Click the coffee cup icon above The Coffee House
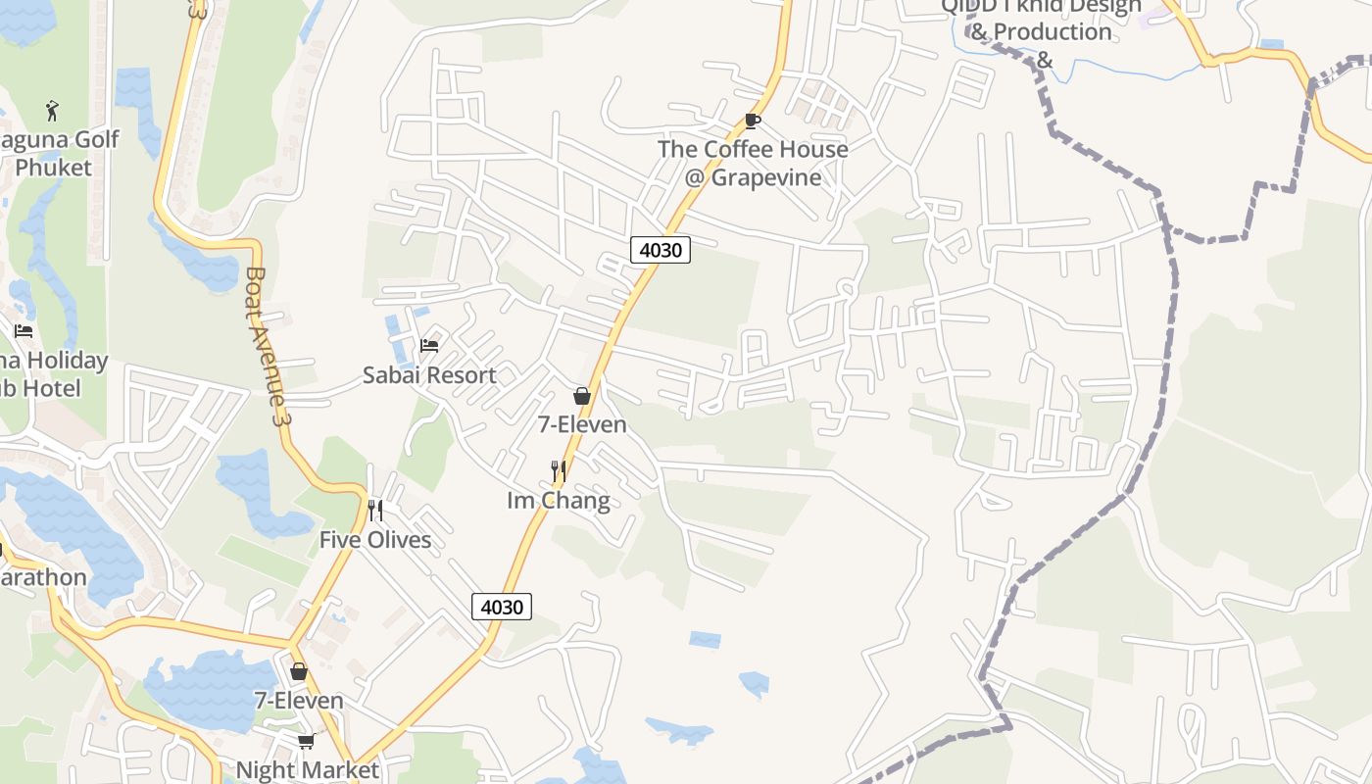pos(752,121)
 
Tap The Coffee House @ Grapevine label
pos(753,163)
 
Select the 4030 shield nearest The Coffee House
pos(661,250)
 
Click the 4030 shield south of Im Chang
pos(502,607)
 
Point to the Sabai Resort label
pos(429,374)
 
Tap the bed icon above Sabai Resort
pos(429,345)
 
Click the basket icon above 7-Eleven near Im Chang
pos(582,396)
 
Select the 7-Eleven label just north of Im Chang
pos(582,424)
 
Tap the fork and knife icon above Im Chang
pos(559,471)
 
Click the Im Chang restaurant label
pos(559,501)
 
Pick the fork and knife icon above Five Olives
pos(374,511)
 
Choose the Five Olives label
pos(375,540)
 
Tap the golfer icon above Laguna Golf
pos(53,111)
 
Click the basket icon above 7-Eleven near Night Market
pos(299,671)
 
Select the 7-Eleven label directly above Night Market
pos(299,701)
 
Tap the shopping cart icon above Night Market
pos(306,741)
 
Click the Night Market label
pos(307,769)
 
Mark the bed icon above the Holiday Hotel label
pos(24,331)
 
